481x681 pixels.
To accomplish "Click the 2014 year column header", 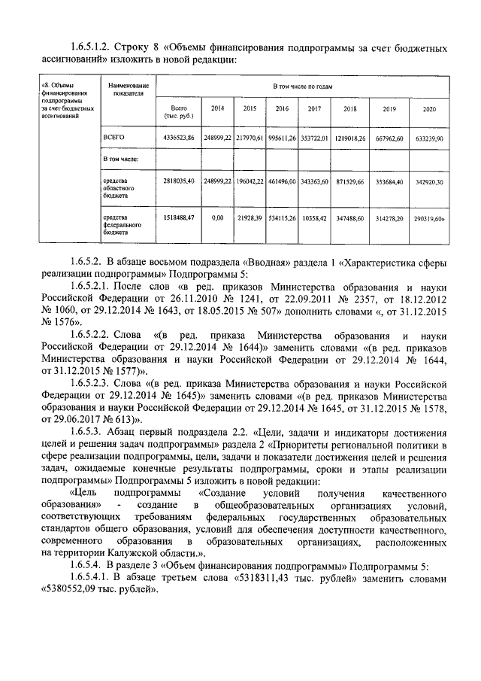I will point(217,109).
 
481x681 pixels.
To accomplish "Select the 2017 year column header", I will point(314,109).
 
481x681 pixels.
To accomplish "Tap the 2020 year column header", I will point(429,110).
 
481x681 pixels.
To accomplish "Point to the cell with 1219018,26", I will point(349,139).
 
